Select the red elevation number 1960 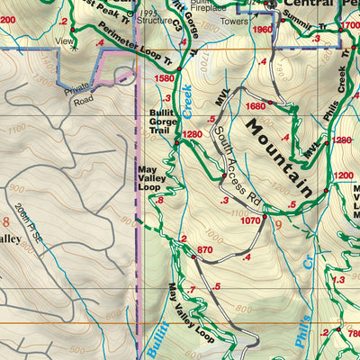(262, 29)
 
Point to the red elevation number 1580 (165, 78)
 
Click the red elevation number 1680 (256, 105)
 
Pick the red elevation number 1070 (250, 220)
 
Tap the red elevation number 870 (204, 249)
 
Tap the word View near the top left (64, 40)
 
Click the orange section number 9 (278, 224)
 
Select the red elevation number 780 (352, 333)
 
